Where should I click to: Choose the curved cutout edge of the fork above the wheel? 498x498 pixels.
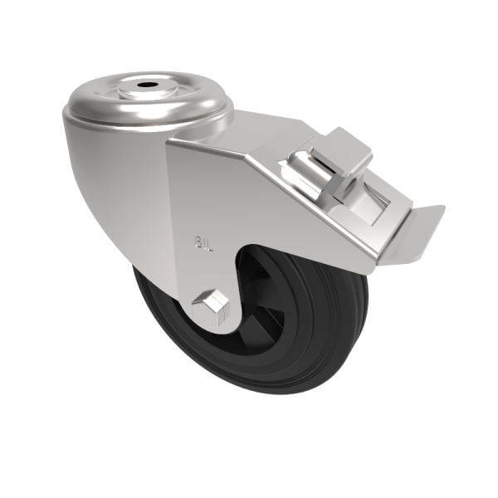249,257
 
